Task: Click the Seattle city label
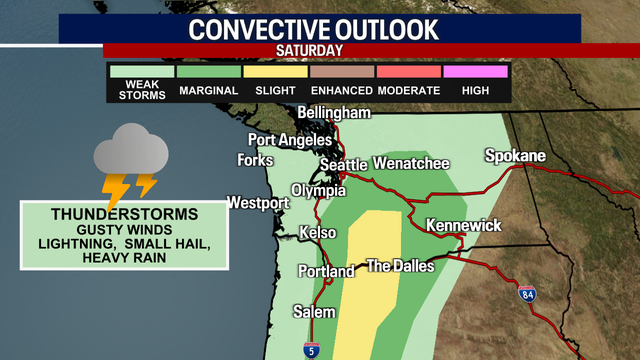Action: tap(344, 165)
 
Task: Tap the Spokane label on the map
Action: tap(515, 156)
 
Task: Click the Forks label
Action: tap(255, 160)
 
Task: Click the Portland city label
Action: tap(326, 271)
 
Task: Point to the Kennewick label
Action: tap(463, 226)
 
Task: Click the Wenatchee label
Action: tap(411, 163)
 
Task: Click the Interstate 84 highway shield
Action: tap(527, 294)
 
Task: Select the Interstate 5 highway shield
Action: tap(313, 349)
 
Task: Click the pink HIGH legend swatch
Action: tap(477, 72)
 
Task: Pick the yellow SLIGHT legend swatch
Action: tap(275, 72)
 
